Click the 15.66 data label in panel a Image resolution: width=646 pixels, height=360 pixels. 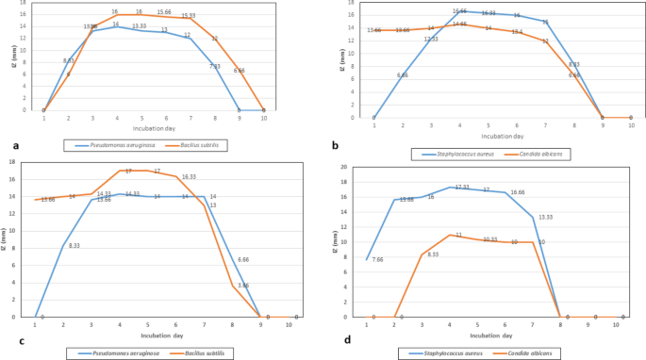[x=164, y=13]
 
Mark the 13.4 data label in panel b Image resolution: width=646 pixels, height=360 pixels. [x=517, y=32]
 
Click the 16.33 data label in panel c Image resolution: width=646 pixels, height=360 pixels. [x=188, y=176]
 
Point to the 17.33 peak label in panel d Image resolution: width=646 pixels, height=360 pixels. [x=462, y=188]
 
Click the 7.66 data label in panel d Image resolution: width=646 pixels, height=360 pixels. [x=377, y=259]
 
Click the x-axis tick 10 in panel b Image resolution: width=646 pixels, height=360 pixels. [x=632, y=125]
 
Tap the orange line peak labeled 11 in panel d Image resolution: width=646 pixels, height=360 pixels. [x=457, y=236]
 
